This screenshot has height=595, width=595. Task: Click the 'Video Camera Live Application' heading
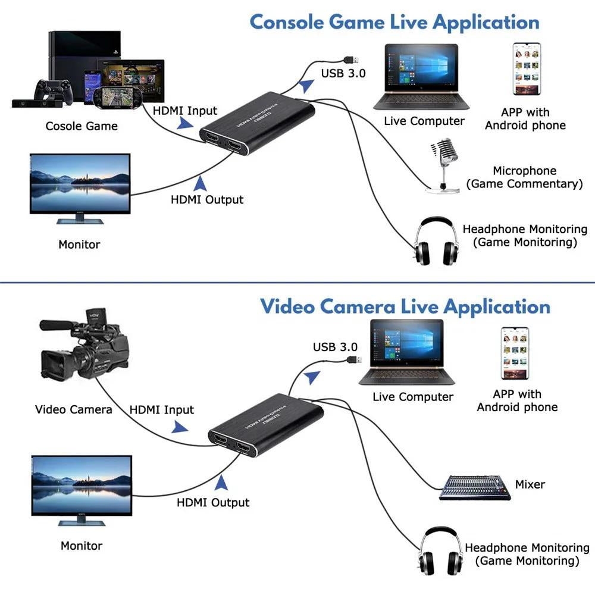tap(405, 307)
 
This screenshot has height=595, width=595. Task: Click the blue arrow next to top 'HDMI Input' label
tap(185, 124)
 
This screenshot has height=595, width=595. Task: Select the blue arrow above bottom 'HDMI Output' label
tap(221, 481)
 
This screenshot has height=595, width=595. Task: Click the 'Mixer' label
tap(530, 484)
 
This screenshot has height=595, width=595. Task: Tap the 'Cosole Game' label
tap(82, 126)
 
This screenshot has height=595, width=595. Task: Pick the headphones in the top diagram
tap(437, 241)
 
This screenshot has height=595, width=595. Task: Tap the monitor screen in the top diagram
tap(80, 183)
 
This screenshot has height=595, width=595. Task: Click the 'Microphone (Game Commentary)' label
tap(524, 177)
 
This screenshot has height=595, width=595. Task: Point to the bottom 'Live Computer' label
tap(413, 397)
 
